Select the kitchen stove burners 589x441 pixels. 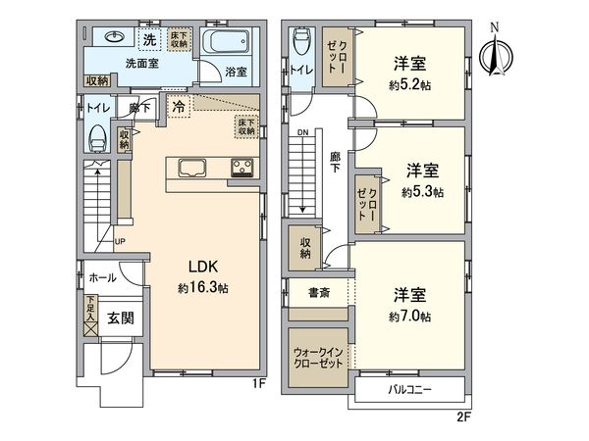pyautogui.click(x=242, y=167)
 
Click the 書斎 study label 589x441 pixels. pyautogui.click(x=318, y=292)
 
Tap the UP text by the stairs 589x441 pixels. pyautogui.click(x=120, y=241)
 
